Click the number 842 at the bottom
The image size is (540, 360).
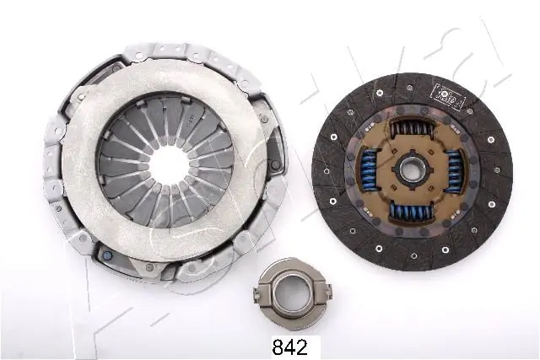288,345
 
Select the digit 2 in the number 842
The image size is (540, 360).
301,345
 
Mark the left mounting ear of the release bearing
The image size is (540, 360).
257,293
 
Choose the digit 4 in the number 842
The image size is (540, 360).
288,345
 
